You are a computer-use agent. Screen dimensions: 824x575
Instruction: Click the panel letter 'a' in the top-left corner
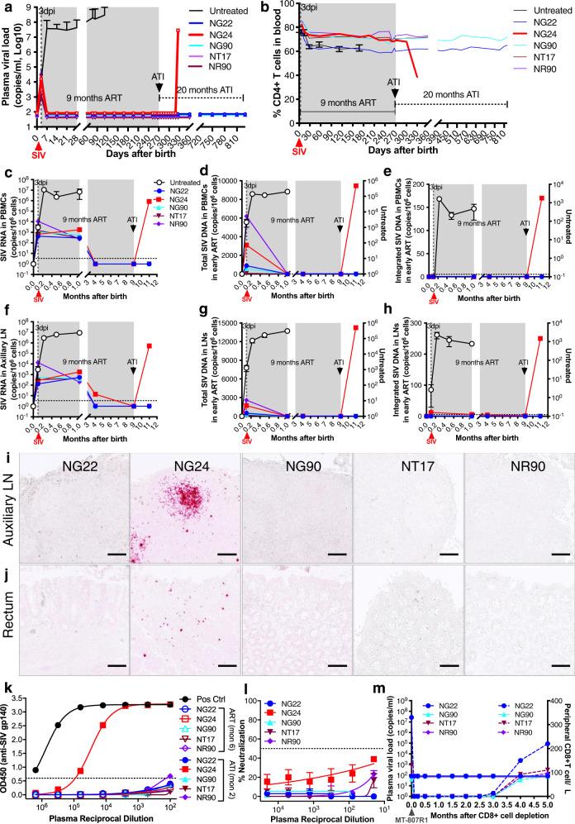[7, 7]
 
